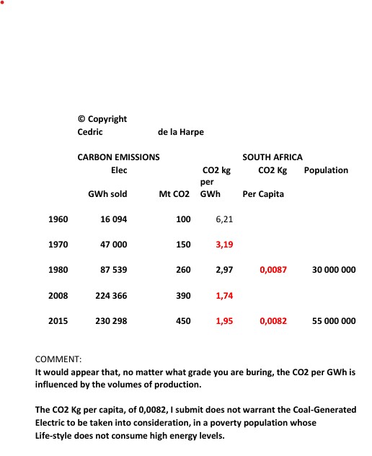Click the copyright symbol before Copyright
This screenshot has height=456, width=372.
[x=81, y=119]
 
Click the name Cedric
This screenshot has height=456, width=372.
[x=90, y=132]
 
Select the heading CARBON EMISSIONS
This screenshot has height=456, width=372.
[x=118, y=157]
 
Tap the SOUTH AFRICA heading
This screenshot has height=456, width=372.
[x=273, y=157]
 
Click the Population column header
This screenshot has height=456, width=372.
[x=326, y=170]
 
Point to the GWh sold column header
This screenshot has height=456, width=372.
[x=107, y=194]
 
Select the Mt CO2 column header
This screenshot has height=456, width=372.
[x=174, y=194]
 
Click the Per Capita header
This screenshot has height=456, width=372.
[x=263, y=194]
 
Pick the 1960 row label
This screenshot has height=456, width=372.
[x=58, y=219]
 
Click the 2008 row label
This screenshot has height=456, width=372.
[x=58, y=296]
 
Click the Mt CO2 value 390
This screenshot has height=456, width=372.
[x=183, y=296]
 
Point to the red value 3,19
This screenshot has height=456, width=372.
[x=224, y=245]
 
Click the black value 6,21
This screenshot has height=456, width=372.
[x=224, y=219]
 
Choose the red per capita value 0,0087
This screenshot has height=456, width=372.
[x=273, y=270]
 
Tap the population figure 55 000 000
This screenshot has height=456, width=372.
[x=334, y=321]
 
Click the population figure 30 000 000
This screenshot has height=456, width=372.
[x=334, y=270]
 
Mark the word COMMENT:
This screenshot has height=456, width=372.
[x=59, y=359]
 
